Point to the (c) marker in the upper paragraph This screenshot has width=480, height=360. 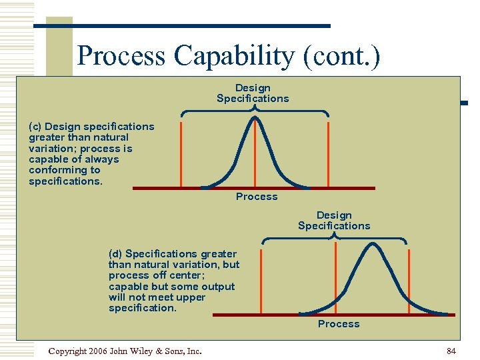(x=35, y=126)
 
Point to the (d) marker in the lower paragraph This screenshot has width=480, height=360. (x=115, y=253)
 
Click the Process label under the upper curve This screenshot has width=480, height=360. (x=257, y=197)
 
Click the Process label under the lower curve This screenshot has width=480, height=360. (x=338, y=324)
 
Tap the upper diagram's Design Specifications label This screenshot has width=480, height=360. (x=253, y=93)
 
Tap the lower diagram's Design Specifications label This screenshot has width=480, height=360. (x=333, y=221)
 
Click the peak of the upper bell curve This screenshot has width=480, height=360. (x=254, y=119)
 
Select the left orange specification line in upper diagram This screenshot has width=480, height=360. (x=181, y=153)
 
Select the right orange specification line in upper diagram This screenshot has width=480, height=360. (x=328, y=153)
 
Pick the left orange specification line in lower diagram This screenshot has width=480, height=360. (x=261, y=280)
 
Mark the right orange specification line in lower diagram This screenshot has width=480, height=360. (x=408, y=280)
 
